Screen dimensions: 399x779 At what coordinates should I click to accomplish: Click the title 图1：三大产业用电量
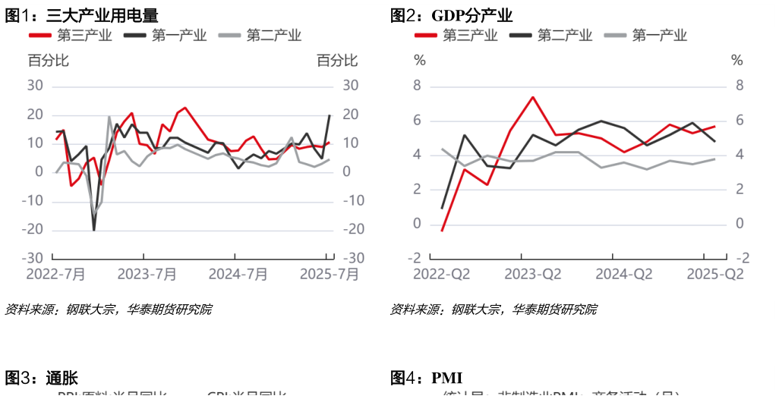(x=82, y=14)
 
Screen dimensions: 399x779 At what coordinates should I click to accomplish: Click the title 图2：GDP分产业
(x=451, y=15)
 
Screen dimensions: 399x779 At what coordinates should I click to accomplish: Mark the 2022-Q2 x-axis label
(x=442, y=274)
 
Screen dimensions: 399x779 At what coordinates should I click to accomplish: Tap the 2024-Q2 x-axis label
(x=624, y=274)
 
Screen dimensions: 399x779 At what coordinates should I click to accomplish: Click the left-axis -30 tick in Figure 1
(x=35, y=258)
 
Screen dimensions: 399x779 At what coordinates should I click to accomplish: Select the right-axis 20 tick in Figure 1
(x=351, y=114)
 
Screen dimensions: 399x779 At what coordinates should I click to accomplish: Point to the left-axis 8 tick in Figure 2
(x=417, y=86)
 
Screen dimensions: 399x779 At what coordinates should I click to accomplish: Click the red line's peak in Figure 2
(x=532, y=97)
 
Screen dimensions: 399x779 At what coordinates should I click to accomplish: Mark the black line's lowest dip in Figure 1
(x=94, y=229)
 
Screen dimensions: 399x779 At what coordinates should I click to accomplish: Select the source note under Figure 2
(x=493, y=309)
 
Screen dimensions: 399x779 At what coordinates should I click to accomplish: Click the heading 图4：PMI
(x=426, y=378)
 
